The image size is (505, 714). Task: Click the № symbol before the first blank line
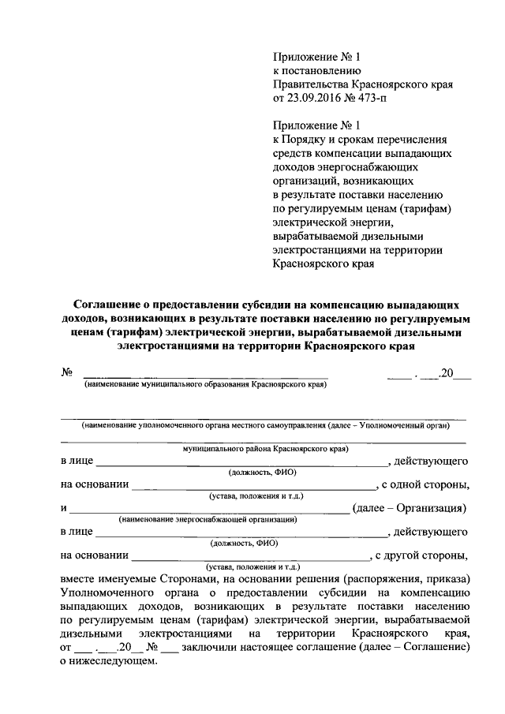point(66,373)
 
